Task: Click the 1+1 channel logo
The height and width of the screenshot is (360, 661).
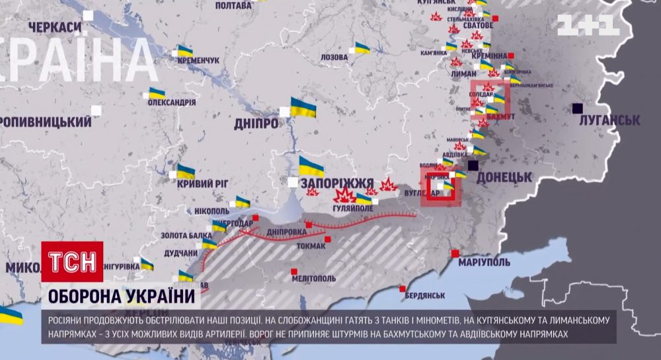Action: (588, 25)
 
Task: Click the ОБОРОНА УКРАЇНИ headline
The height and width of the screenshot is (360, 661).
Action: (120, 296)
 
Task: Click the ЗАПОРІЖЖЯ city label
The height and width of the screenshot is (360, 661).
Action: (336, 183)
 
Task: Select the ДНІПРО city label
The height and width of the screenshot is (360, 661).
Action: (256, 123)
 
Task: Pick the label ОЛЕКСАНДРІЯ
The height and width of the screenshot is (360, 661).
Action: (171, 102)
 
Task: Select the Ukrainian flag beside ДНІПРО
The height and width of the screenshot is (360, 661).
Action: (303, 107)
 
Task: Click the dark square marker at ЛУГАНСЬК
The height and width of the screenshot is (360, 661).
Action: (578, 108)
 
